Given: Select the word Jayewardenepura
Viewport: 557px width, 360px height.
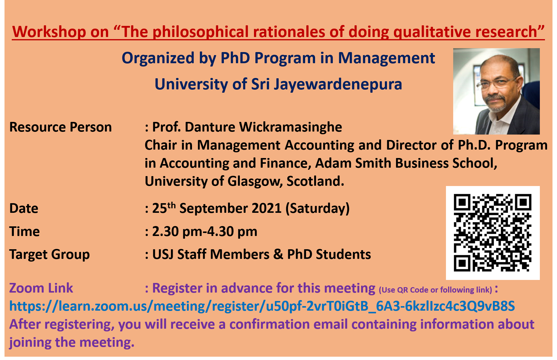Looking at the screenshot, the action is [338, 84].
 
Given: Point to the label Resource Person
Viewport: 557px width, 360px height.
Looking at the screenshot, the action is [60, 127].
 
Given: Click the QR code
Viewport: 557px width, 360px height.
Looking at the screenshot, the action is [493, 233].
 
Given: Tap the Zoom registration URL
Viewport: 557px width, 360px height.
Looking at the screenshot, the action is [262, 306].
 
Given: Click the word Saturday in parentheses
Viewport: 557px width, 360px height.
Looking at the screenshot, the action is [317, 209].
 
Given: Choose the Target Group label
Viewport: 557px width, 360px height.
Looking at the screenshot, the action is [50, 255].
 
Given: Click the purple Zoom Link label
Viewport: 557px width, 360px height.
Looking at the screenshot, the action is [41, 288].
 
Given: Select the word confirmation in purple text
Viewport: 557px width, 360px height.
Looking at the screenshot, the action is [270, 324].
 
